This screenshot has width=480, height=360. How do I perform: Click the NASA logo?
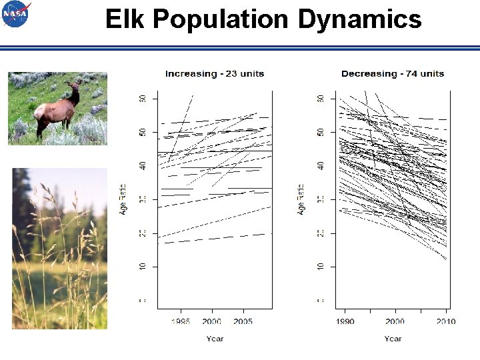pos(16,14)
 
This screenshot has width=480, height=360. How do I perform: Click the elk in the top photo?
pos(57,109)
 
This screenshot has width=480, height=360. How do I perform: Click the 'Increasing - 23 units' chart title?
pos(215,73)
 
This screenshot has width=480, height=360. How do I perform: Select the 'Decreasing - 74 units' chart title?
pos(393,73)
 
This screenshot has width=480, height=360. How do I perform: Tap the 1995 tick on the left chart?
pos(181,321)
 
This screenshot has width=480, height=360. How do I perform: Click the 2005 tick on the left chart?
pos(243,321)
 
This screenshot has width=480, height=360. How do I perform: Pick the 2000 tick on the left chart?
pos(212,321)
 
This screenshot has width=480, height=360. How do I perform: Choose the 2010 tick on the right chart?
pos(446,321)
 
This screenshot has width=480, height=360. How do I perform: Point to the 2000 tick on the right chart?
pos(395,321)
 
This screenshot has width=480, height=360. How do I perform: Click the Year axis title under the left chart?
pos(215,339)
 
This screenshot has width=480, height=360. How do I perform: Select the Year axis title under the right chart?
pos(393,339)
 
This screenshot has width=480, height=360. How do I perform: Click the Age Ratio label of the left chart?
pos(124,199)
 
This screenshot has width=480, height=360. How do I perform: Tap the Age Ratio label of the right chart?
pos(302,199)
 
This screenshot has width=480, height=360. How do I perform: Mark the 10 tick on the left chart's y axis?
pos(143,267)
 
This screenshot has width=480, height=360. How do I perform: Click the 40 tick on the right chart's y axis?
pos(321,165)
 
